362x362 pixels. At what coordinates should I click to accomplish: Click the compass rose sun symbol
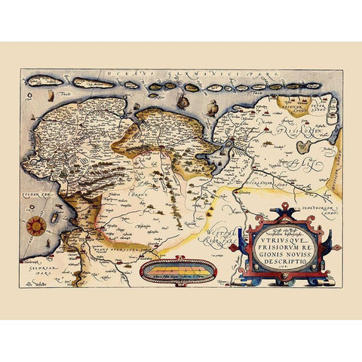coord(35,225)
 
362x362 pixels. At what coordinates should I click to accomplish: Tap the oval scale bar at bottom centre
coord(178,270)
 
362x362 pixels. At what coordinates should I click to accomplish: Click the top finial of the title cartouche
coord(281,206)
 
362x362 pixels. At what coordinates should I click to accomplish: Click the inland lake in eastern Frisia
coord(303,145)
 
